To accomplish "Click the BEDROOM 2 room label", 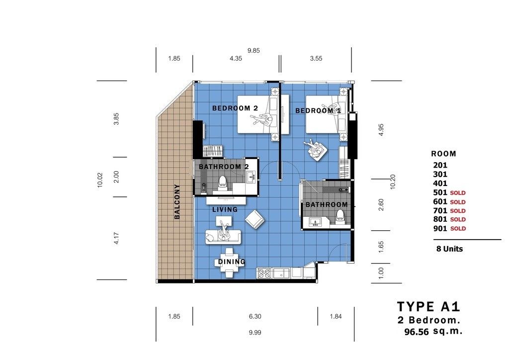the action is pos(235,108).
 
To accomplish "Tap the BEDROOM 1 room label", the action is pos(318,111).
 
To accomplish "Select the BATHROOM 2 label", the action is pos(224,167).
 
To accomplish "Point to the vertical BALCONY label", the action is pos(177,201).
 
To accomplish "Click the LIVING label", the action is pos(225,209).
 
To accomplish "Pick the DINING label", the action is pos(232,262).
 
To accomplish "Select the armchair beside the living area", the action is pos(255,219).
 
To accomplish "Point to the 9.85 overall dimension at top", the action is pos(254,51).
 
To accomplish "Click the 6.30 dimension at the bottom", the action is pos(255,317).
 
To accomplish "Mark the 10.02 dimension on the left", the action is pos(99,180).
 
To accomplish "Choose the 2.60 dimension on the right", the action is pos(381,204).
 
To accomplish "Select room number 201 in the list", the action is pos(440,165).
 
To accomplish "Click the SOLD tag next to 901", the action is pos(458,229).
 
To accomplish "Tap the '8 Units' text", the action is pos(449,249).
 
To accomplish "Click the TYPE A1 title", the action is pos(428,306).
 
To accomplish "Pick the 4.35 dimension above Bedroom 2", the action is pos(236,59).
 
